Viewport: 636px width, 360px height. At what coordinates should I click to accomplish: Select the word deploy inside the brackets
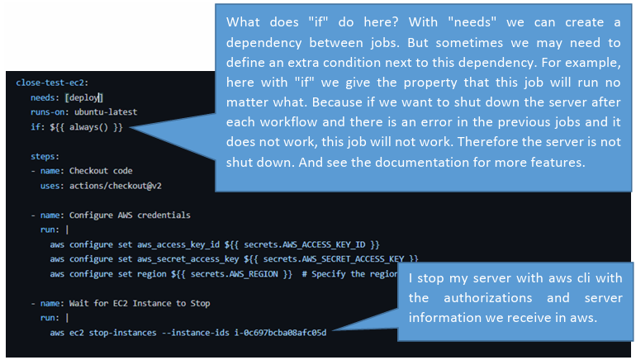pos(84,97)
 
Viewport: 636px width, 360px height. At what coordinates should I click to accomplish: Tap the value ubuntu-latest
pos(106,112)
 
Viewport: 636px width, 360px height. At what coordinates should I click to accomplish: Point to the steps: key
pos(45,157)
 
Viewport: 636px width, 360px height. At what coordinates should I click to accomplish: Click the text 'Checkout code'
pos(101,171)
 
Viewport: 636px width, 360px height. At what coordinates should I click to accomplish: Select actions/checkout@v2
pos(116,186)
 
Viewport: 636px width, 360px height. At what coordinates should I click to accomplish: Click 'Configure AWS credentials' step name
pos(130,216)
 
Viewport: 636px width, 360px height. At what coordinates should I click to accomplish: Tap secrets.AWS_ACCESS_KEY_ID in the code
pos(305,245)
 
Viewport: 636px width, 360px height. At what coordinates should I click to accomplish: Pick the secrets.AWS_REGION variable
pos(235,274)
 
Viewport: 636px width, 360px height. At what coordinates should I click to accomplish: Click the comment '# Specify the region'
pos(349,274)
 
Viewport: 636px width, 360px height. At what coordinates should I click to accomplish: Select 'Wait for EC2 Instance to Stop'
pos(140,304)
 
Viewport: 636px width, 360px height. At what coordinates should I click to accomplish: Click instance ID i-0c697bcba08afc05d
pos(280,333)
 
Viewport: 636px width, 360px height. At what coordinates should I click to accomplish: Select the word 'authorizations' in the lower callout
pos(488,298)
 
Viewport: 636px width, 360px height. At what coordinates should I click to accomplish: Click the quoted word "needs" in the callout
pos(472,22)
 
